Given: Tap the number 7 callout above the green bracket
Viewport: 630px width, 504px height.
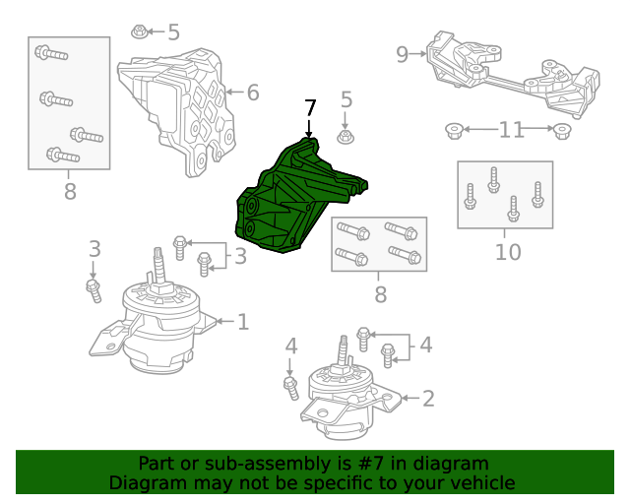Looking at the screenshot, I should click(x=310, y=107).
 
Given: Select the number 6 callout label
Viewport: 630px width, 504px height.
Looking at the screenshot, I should click(x=253, y=93).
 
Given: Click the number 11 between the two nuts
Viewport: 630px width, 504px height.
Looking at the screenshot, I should click(x=511, y=129).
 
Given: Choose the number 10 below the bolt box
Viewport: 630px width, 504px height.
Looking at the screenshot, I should click(x=507, y=252).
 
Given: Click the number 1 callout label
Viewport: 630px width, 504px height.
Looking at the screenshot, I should click(x=242, y=321).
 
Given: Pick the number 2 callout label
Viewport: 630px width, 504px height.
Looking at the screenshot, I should click(x=427, y=399).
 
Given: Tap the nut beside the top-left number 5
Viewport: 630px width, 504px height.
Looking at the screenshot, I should click(x=140, y=33).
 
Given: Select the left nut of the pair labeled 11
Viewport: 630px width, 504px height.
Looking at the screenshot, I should click(x=454, y=130).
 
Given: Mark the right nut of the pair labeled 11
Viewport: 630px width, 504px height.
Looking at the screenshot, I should click(x=561, y=130).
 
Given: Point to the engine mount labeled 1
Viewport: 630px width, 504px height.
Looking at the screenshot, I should click(x=157, y=325).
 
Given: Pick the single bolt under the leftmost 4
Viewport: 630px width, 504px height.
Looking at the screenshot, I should click(x=291, y=387).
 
